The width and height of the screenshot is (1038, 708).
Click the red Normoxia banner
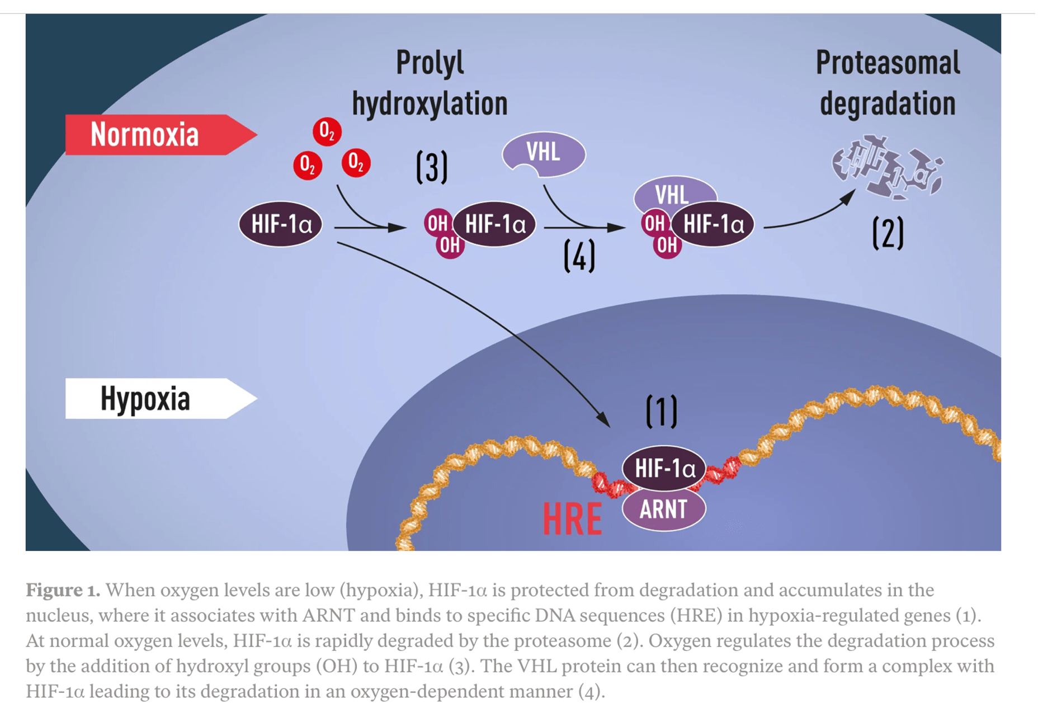[x=151, y=135]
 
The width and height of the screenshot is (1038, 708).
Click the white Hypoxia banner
[x=151, y=399]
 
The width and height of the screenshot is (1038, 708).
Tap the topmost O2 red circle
[x=327, y=132]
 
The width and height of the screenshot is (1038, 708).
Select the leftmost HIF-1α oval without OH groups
[x=281, y=224]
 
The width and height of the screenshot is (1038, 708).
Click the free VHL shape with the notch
[x=545, y=152]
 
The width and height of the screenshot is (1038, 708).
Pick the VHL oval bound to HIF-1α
[x=673, y=191]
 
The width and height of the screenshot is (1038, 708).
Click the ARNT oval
[x=663, y=509]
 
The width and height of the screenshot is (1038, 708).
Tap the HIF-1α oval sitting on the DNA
[x=664, y=468]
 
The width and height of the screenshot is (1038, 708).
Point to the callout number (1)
[x=661, y=412]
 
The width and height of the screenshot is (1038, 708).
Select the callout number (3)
[x=432, y=167]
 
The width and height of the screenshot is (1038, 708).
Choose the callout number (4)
[x=579, y=256]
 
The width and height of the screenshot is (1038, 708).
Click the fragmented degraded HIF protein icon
[x=886, y=167]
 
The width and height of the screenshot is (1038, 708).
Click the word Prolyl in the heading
[x=430, y=63]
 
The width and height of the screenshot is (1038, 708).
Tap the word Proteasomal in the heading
[x=888, y=63]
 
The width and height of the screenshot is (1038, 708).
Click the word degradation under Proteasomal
[x=888, y=104]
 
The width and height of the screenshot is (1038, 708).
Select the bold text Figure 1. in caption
[x=63, y=590]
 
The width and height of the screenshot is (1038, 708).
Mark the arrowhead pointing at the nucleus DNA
[x=604, y=420]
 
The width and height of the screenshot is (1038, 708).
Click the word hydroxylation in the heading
[x=430, y=104]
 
